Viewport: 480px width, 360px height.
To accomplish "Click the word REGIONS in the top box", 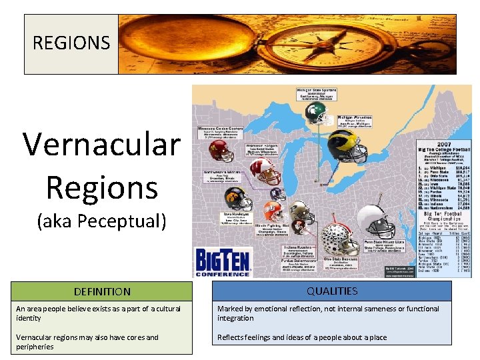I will pos(71,43).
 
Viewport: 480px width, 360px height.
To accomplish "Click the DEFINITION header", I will pos(102,291).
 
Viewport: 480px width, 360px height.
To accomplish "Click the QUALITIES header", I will pos(333,291).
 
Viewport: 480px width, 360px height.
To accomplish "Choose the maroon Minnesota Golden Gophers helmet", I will pos(221,151).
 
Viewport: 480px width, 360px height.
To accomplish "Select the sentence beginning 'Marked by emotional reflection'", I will pos(329,313).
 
